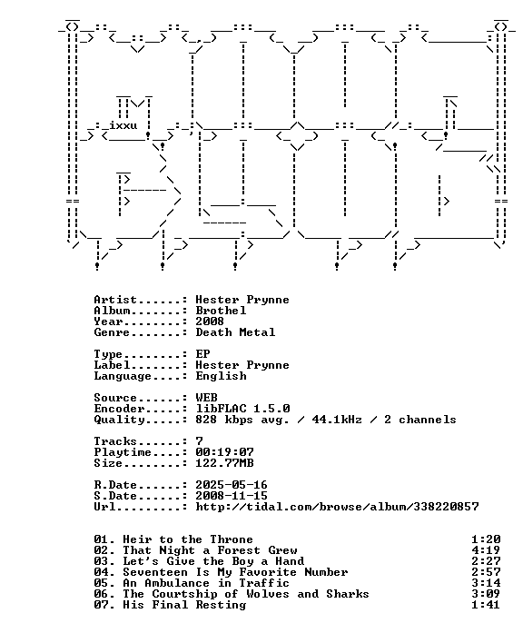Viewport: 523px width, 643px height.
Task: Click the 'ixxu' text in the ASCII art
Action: pos(123,124)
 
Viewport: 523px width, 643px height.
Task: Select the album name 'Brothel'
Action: pos(221,311)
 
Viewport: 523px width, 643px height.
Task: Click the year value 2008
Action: pos(210,321)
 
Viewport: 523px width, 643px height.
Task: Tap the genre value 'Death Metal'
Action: pos(235,332)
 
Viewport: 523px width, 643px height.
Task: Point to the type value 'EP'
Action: pos(202,354)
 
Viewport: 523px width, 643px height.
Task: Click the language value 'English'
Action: pos(221,376)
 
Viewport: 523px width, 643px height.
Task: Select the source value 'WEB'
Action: pos(207,398)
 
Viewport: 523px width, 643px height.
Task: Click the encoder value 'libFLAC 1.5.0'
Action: pos(242,409)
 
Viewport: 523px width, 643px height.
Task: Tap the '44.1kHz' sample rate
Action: pos(337,420)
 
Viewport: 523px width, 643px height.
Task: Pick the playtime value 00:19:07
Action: pos(224,452)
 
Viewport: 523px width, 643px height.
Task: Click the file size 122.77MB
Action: pos(224,463)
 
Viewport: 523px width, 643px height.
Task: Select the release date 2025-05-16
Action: pos(232,485)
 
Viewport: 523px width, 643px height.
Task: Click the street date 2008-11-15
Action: pos(232,496)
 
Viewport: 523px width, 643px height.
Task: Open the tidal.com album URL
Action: pos(337,507)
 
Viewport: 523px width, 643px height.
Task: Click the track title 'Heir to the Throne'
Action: pos(188,539)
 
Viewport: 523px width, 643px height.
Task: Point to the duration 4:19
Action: pos(486,550)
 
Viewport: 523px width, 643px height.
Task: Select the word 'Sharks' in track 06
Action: pos(348,594)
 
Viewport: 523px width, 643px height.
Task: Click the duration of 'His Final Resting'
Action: pos(486,605)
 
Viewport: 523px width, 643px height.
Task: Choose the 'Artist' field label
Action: pos(115,300)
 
